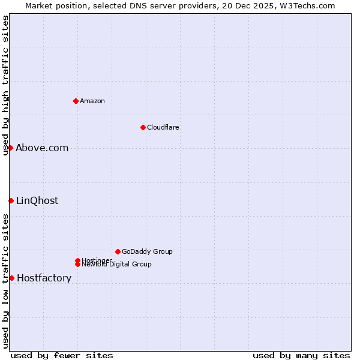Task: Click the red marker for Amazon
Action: click(x=76, y=101)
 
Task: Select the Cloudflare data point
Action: click(x=143, y=127)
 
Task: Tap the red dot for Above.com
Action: click(x=10, y=148)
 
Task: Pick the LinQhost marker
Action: click(x=11, y=200)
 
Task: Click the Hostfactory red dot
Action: click(x=11, y=278)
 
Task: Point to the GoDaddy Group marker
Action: click(x=118, y=251)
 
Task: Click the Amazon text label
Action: click(x=92, y=101)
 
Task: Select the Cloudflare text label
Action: click(x=163, y=127)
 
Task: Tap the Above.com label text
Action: click(x=42, y=148)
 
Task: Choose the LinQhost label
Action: click(x=37, y=200)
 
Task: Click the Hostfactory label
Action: click(x=44, y=278)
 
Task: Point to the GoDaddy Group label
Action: click(x=147, y=251)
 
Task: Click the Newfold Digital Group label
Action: click(x=116, y=265)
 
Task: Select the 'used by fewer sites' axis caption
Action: click(x=62, y=355)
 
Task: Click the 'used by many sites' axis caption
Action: click(x=301, y=355)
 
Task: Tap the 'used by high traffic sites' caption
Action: click(x=5, y=85)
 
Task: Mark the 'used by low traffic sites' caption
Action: click(x=5, y=280)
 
